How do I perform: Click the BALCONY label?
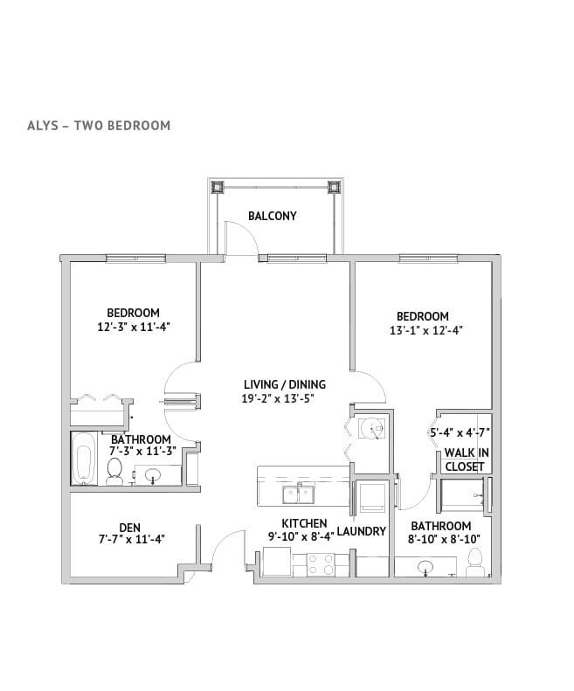point(272,216)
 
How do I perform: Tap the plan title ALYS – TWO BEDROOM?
point(99,126)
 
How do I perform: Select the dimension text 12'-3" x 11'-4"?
point(134,327)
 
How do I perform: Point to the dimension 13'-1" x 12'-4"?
point(425,330)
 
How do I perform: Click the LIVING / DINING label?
point(285,384)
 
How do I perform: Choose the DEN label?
point(130,528)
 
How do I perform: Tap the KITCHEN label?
point(304,523)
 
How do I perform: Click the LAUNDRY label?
point(362,531)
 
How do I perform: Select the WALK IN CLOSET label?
point(466,460)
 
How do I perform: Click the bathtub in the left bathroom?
point(84,459)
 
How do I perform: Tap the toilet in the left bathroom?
point(114,471)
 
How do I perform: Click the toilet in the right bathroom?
point(475,563)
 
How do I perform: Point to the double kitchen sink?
point(298,494)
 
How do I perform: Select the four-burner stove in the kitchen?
point(321,564)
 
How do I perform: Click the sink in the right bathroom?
point(425,566)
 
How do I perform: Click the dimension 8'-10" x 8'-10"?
point(444,538)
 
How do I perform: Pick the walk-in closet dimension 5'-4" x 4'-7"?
point(460,432)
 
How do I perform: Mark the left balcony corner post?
point(217,187)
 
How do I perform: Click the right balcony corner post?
point(334,188)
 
